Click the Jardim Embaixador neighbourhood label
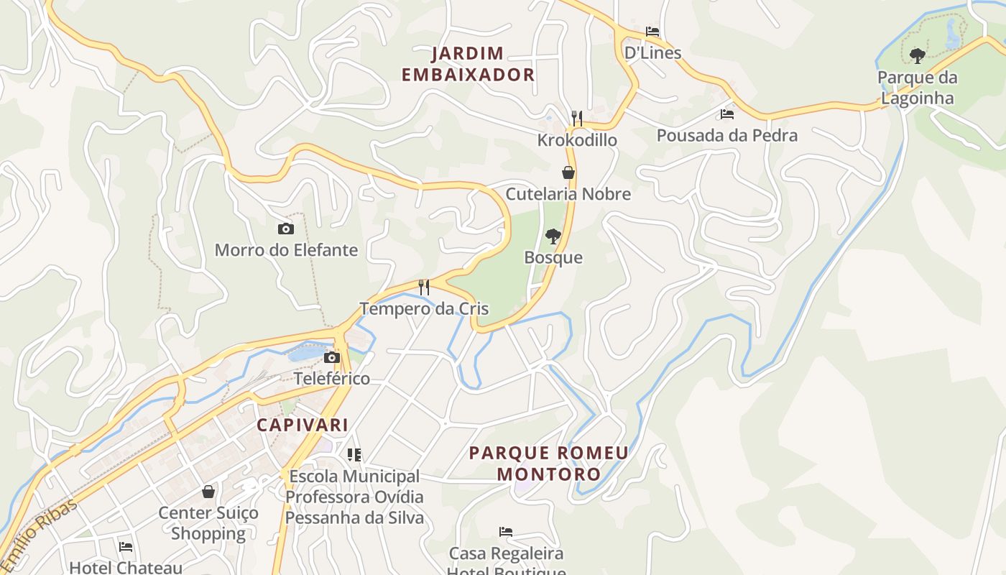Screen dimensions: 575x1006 [x=468, y=64]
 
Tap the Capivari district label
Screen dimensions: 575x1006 [x=303, y=425]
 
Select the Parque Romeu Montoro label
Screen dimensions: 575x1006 [x=549, y=464]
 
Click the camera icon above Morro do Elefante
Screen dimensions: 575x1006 [x=286, y=229]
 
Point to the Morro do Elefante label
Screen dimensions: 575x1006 [x=286, y=250]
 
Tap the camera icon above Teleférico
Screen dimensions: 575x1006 [x=331, y=358]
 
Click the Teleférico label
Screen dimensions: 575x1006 [x=332, y=378]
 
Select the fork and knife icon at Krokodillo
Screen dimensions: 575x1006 [x=576, y=119]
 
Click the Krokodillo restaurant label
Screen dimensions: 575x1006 [x=577, y=139]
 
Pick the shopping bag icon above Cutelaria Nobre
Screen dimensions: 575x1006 [x=568, y=172]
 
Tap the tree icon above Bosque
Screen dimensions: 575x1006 [x=553, y=236]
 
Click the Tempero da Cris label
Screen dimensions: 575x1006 [x=424, y=309]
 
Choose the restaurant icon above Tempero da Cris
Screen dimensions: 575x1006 [x=424, y=287]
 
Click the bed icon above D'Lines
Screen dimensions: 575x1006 [x=652, y=32]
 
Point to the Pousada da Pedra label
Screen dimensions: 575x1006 [x=726, y=135]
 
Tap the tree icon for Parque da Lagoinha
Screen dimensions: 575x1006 [x=917, y=55]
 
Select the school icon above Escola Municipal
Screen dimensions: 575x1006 [x=354, y=455]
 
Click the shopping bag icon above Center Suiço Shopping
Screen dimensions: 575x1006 [x=208, y=492]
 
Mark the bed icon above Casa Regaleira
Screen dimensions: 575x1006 [x=506, y=532]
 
